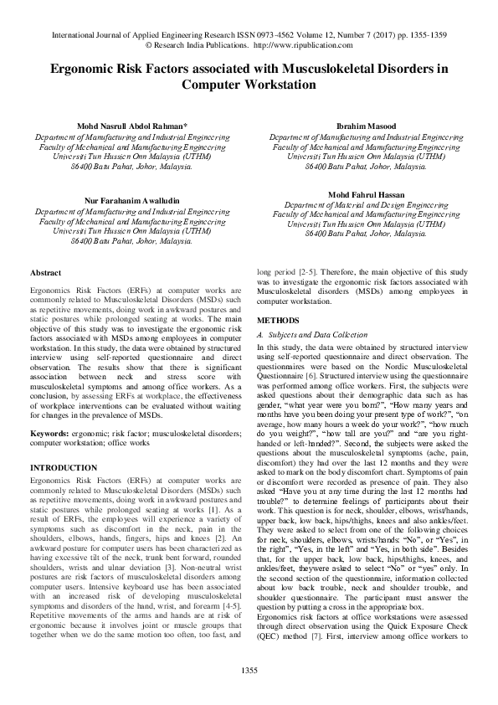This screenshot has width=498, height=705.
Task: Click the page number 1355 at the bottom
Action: [249, 670]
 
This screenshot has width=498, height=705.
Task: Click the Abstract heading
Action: [44, 273]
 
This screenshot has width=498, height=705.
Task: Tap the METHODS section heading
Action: [277, 321]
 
